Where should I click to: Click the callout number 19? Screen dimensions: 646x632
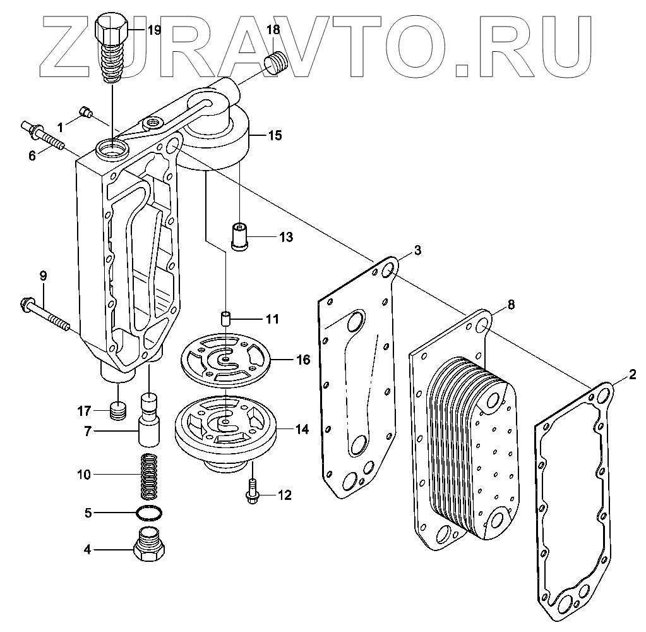(x=154, y=30)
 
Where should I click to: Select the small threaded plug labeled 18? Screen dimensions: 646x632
(x=275, y=63)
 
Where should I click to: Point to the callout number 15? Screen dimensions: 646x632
(x=274, y=135)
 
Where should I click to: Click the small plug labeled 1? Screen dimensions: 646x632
(x=87, y=114)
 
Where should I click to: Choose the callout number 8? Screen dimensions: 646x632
(x=510, y=305)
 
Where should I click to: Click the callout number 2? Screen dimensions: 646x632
(x=632, y=375)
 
